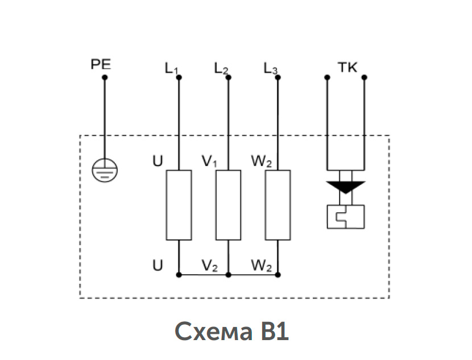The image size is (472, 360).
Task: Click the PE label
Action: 101,64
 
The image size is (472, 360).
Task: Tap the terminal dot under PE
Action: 105,77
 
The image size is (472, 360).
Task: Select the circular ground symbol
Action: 105,170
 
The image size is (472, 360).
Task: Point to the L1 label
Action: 171,69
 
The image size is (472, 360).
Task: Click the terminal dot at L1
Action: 179,77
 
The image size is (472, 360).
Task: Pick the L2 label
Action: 221,69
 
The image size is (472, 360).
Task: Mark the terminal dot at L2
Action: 229,77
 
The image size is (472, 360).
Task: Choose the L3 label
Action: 270,69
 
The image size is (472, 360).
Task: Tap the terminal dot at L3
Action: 278,77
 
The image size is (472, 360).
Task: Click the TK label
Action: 347,67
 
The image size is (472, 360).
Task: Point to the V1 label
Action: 209,162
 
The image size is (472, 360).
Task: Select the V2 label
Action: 209,266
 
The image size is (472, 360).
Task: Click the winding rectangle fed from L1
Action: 179,205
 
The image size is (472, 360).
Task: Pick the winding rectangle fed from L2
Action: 229,205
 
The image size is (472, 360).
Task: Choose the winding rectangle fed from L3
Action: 278,205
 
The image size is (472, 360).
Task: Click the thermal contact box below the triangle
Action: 346,217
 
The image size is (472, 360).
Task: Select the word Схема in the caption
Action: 213,331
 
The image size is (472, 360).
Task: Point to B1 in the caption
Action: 275,331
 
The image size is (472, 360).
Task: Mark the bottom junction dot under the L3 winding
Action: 278,275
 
